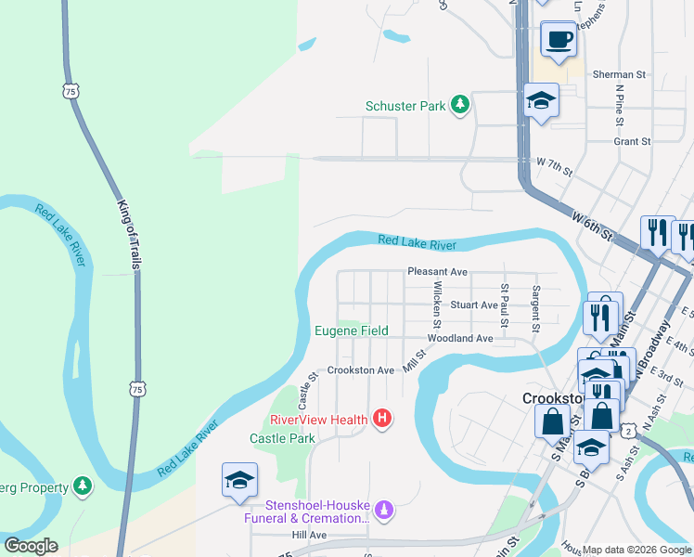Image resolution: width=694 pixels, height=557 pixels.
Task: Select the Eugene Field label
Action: click(x=351, y=330)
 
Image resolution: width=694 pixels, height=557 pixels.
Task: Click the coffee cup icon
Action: click(x=559, y=40)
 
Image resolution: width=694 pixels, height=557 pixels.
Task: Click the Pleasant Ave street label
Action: click(x=437, y=272)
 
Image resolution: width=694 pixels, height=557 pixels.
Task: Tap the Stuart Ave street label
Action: click(x=474, y=304)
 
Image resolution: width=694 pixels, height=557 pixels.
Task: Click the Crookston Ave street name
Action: click(x=361, y=370)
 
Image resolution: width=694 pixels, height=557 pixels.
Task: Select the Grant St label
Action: click(x=632, y=142)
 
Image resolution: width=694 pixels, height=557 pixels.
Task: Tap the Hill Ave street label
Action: click(x=309, y=536)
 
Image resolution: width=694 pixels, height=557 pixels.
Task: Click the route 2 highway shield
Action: click(x=629, y=431)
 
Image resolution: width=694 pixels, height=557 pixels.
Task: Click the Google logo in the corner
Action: click(x=31, y=546)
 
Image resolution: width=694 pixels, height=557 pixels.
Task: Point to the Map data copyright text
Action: click(x=637, y=550)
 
